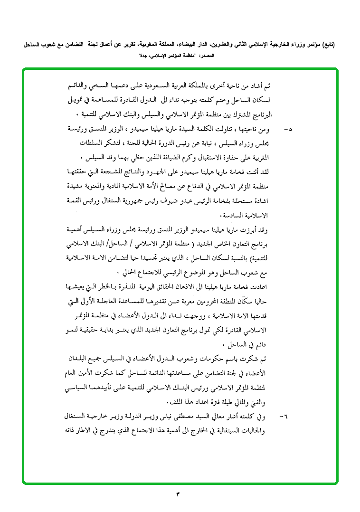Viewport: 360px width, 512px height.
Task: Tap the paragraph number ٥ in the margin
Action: [287, 129]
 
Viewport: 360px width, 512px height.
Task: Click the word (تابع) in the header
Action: [327, 45]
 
